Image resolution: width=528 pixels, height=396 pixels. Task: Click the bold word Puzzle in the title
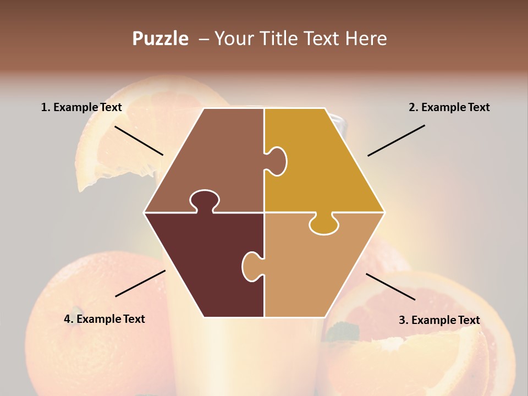[x=160, y=38]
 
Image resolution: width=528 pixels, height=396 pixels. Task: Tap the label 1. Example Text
[x=81, y=107]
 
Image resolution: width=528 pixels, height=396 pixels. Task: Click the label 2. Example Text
[x=449, y=107]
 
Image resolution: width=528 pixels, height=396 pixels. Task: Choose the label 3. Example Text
[x=439, y=320]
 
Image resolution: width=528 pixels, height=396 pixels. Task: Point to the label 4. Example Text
[x=105, y=319]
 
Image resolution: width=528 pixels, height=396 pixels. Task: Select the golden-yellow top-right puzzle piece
[x=319, y=165]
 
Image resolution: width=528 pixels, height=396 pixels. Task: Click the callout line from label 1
[x=139, y=140]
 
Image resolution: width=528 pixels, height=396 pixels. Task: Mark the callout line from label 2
[x=396, y=140]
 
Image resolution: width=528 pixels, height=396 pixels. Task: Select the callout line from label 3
[x=391, y=287]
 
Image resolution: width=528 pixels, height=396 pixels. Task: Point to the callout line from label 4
[x=140, y=283]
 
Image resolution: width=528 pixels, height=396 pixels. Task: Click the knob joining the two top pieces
[x=277, y=161]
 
